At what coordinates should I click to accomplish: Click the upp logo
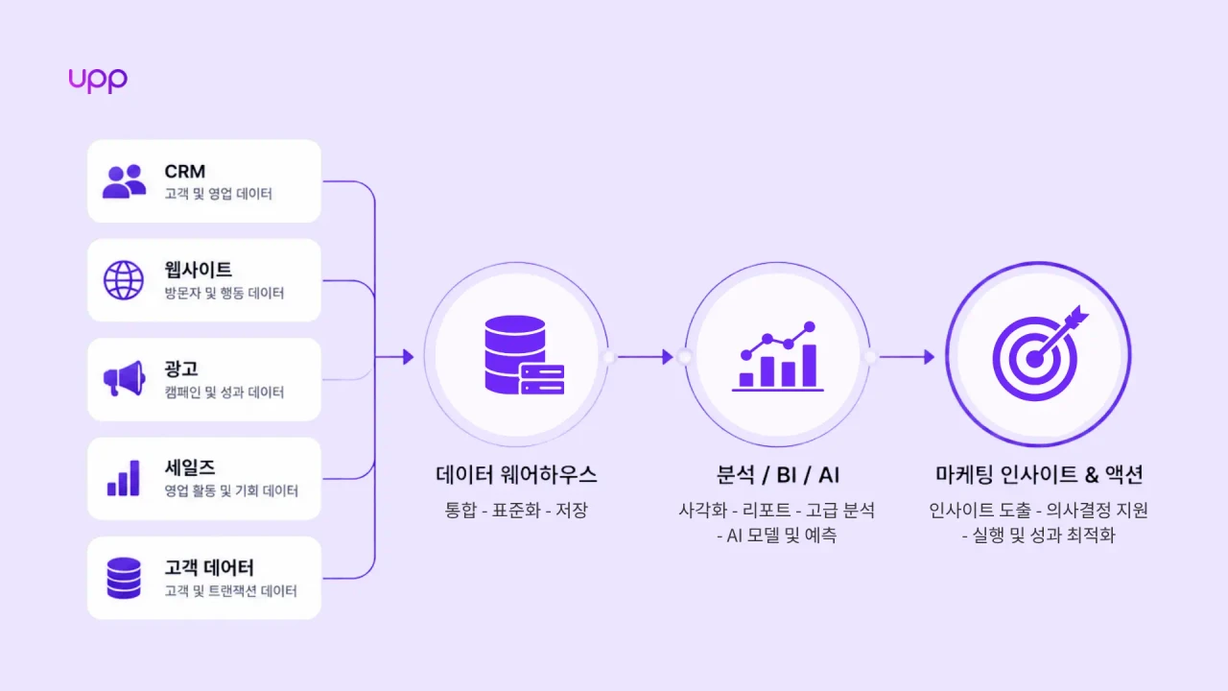[x=98, y=81]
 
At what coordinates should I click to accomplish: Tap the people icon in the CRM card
[x=125, y=181]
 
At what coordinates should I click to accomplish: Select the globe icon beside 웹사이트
[x=124, y=280]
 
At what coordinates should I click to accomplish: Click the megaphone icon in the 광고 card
[x=125, y=378]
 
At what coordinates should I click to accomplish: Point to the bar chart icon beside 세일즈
[x=124, y=478]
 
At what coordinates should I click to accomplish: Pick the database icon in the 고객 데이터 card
[x=124, y=578]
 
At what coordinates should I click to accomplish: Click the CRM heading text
[x=185, y=172]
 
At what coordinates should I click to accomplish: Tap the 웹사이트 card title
[x=198, y=270]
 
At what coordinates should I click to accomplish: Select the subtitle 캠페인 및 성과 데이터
[x=224, y=393]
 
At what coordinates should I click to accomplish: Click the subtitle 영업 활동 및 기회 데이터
[x=231, y=490]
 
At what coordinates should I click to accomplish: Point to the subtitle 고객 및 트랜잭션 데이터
[x=231, y=590]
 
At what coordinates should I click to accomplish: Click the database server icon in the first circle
[x=525, y=355]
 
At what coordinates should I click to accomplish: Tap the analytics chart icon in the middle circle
[x=778, y=356]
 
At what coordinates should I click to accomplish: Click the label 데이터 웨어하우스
[x=516, y=475]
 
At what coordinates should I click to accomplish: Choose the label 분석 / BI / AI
[x=778, y=475]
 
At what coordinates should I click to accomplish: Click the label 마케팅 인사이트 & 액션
[x=1039, y=475]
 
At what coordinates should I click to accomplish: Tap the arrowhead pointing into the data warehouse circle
[x=408, y=357]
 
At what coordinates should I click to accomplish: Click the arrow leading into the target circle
[x=908, y=357]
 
